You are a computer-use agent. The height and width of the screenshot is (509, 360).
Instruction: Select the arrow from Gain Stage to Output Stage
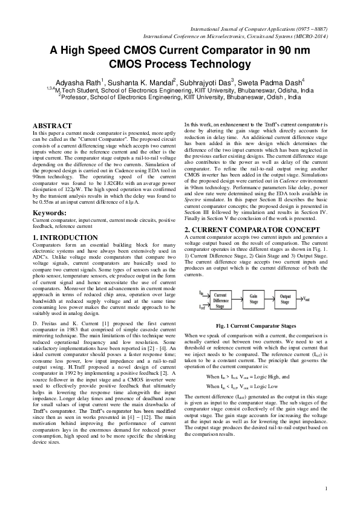(x=270, y=297)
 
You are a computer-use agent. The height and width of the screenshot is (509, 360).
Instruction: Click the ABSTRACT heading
(x=51, y=125)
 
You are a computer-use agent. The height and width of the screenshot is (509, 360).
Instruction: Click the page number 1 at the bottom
(x=326, y=488)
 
